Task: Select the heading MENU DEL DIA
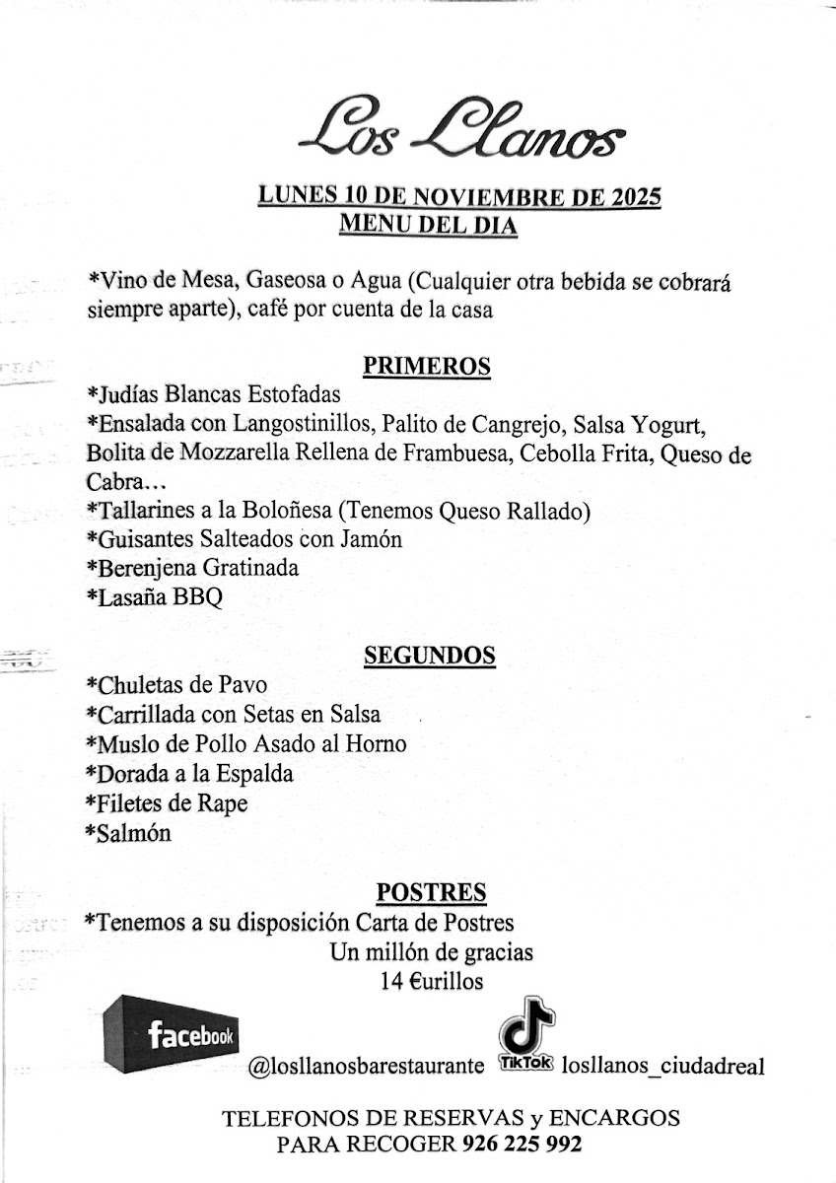pos(428,224)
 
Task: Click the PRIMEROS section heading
pos(427,367)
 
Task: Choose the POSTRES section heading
pos(431,893)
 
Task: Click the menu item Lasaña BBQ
pos(155,597)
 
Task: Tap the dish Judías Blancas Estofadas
pos(213,395)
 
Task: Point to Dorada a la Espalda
pos(190,774)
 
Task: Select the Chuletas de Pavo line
pos(176,685)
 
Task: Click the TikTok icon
pos(526,1039)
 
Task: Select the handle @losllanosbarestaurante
pos(366,1067)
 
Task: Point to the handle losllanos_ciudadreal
pos(662,1067)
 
